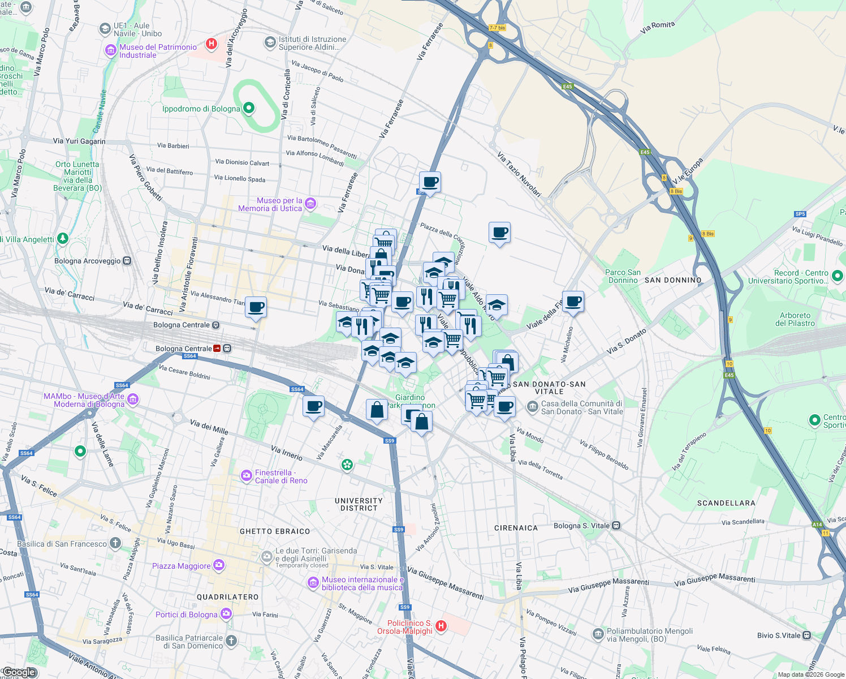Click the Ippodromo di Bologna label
tap(201, 109)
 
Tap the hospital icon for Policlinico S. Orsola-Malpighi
tap(441, 626)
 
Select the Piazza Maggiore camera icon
tap(219, 565)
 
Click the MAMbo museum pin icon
tap(133, 400)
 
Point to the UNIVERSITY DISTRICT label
tap(359, 504)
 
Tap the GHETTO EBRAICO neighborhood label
tap(275, 531)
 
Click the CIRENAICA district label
tap(516, 528)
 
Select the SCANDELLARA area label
tap(726, 503)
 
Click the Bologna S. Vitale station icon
tap(616, 526)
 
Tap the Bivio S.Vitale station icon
tap(806, 635)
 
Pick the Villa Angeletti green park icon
tap(63, 239)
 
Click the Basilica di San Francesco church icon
tap(115, 543)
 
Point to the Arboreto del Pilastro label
tap(795, 319)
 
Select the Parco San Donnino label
tap(623, 276)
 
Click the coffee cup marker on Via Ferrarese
tap(430, 182)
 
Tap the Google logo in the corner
tap(19, 672)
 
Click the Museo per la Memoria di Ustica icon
tap(310, 204)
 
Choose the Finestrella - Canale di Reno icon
tap(247, 476)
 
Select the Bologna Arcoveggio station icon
tap(127, 261)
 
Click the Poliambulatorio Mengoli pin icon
tap(598, 635)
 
